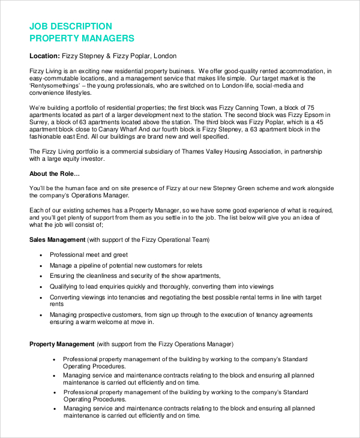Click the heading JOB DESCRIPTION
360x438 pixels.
coord(71,26)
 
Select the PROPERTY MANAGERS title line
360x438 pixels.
coord(82,38)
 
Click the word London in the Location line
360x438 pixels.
coord(165,56)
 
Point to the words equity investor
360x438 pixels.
coord(82,159)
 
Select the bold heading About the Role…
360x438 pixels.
coord(55,174)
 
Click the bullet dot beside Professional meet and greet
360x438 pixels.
coord(40,255)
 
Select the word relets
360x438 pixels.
coord(190,265)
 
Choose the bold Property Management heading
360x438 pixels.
coord(62,344)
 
